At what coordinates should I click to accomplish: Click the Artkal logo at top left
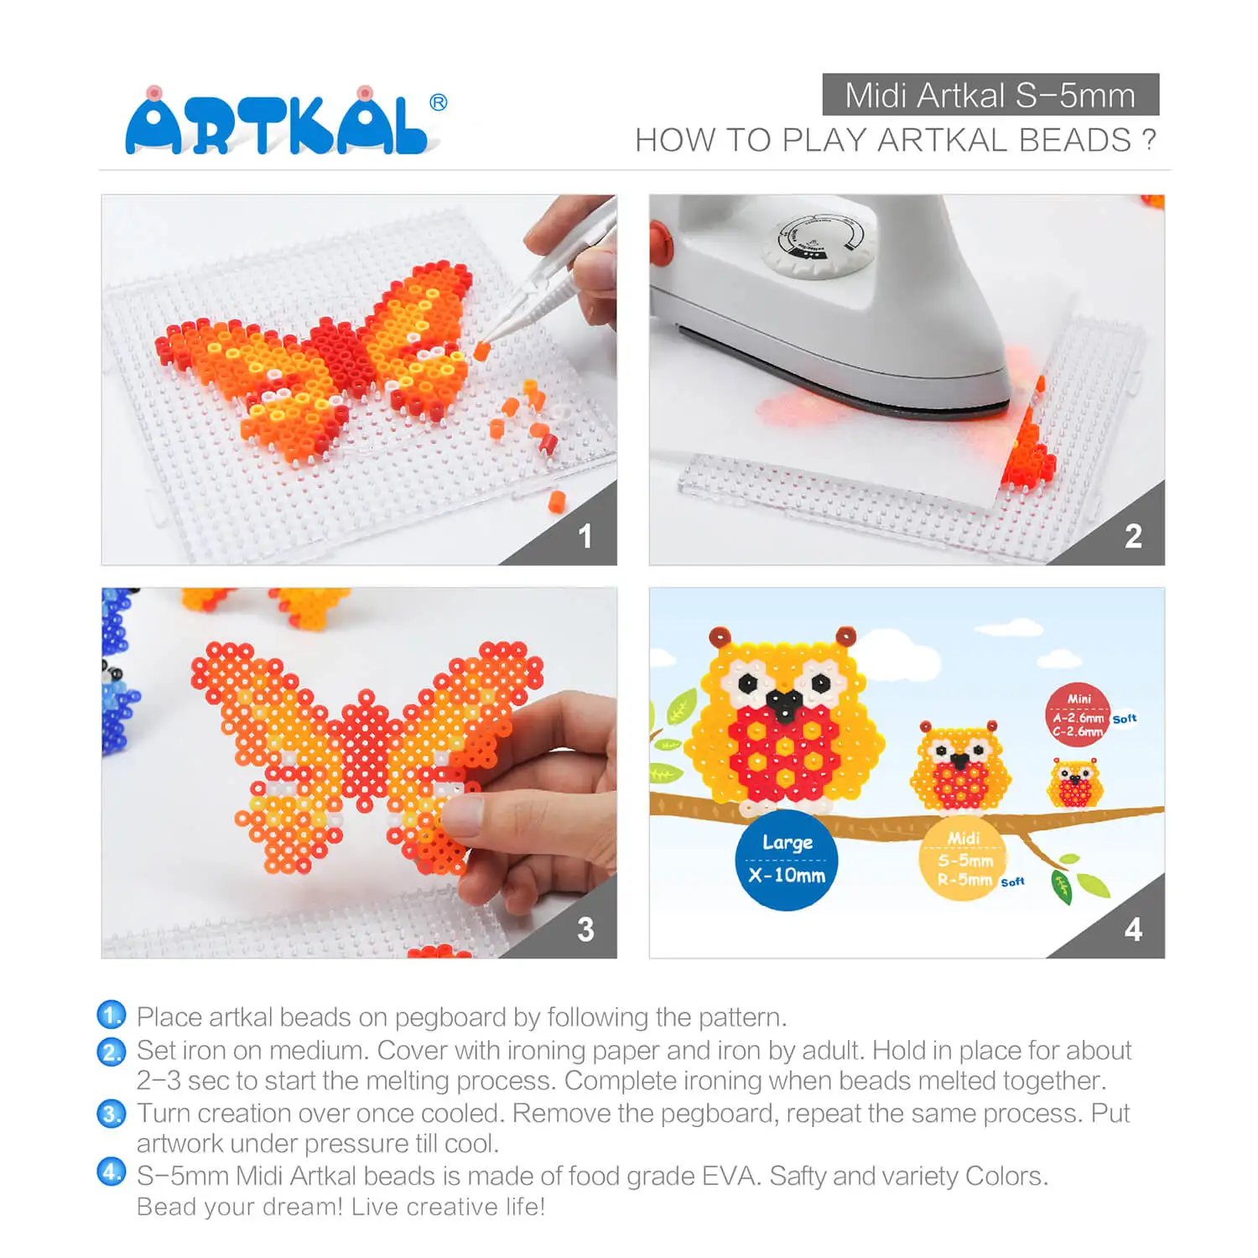tap(285, 121)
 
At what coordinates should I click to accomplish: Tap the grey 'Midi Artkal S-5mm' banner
tap(990, 95)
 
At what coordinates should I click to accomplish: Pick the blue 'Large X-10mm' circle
tap(787, 860)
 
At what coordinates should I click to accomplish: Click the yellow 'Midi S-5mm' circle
tap(963, 858)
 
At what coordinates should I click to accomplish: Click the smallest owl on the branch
tap(1074, 782)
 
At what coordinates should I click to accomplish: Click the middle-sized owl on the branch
tap(959, 767)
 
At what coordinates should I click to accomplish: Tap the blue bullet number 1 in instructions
tap(112, 1015)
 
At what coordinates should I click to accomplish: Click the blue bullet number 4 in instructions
tap(112, 1172)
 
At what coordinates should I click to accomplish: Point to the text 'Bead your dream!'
tap(240, 1207)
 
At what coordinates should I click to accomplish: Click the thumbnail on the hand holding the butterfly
tap(464, 815)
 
